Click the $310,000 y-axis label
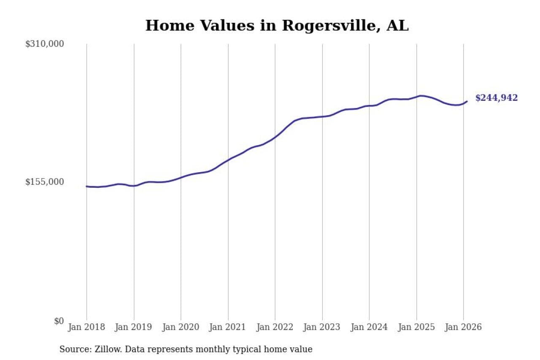pos(45,44)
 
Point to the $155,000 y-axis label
pos(45,182)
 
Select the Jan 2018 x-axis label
pos(87,327)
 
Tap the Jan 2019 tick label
pos(134,327)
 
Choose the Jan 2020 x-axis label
pos(181,327)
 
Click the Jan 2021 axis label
pos(228,327)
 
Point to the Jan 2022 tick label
pos(275,327)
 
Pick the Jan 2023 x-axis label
pos(322,327)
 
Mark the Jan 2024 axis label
pos(369,327)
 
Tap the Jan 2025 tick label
pos(416,327)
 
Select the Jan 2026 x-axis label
pos(464,327)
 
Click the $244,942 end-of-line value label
pos(497,98)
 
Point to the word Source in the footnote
pos(73,349)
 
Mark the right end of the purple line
pos(467,101)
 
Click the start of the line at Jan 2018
pos(87,186)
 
